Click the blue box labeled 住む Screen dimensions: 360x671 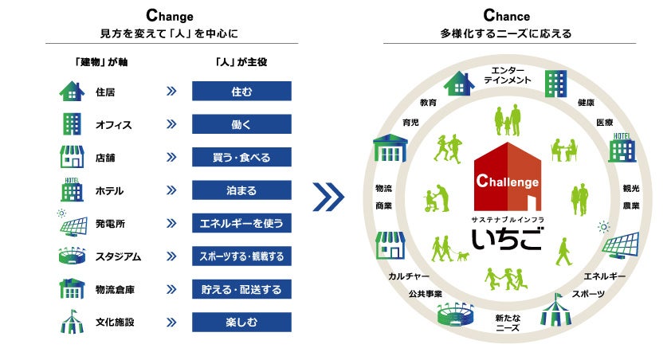(241, 92)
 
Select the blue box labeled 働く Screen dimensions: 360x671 (241, 124)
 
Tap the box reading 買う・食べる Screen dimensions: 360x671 (241, 158)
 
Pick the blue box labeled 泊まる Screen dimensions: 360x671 (241, 191)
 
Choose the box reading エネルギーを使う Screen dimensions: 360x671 (241, 224)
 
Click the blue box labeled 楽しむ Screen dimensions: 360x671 (241, 323)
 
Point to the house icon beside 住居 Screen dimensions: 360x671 (72, 92)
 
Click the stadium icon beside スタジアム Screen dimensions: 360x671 (72, 257)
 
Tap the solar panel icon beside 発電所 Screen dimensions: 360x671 (72, 224)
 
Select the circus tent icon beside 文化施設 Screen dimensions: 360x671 (72, 323)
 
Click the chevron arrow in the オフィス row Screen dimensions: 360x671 (171, 124)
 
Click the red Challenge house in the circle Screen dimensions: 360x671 (507, 172)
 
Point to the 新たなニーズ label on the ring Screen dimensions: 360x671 (508, 322)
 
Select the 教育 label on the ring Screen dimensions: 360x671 (428, 103)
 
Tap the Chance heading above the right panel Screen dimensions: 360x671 (506, 15)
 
